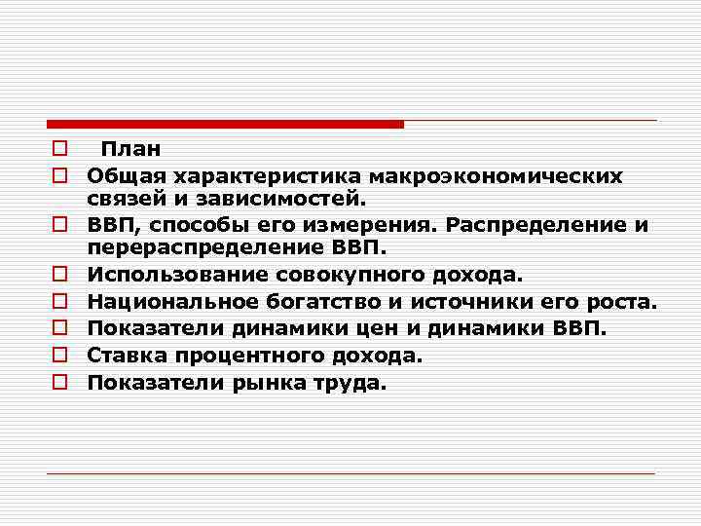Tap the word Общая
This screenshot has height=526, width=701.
[125, 175]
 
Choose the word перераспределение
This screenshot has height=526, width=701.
[201, 248]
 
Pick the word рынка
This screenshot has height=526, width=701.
[265, 382]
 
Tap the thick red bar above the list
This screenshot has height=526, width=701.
[225, 124]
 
